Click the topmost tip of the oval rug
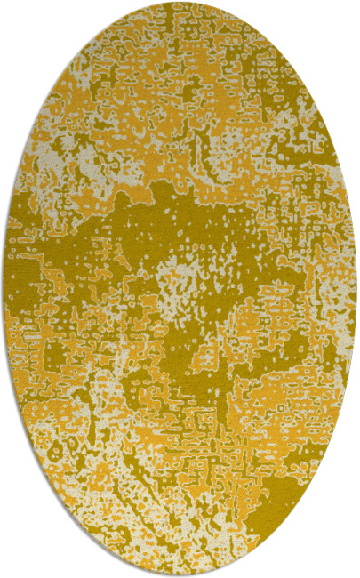pos(180,3)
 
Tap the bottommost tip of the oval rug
pos(180,575)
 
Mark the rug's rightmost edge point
pos(356,289)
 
